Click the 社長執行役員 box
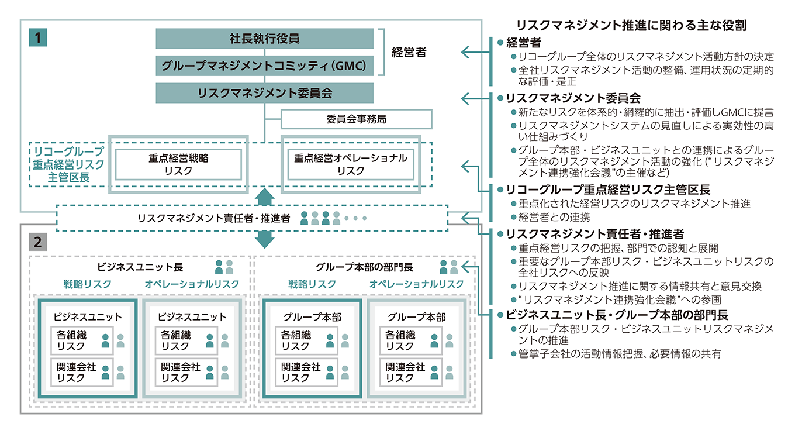click(x=264, y=39)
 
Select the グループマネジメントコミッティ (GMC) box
click(x=264, y=66)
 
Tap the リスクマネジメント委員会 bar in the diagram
click(x=264, y=93)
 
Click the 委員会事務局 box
click(x=356, y=119)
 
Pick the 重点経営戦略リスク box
click(x=178, y=164)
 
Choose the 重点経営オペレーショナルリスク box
click(x=350, y=164)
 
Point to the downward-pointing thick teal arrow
click(x=265, y=239)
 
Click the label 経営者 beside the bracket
click(x=409, y=52)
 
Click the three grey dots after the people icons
click(x=355, y=218)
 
